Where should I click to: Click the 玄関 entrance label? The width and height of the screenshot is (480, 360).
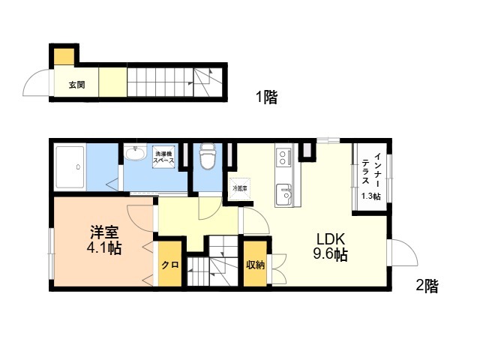click(76, 85)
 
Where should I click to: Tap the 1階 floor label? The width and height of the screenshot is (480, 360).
click(267, 97)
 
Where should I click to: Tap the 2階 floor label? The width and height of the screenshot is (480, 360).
click(427, 286)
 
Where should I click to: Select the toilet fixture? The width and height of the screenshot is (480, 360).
click(207, 156)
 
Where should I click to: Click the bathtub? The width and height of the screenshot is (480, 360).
click(70, 167)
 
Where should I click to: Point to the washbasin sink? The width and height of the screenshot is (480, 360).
click(134, 153)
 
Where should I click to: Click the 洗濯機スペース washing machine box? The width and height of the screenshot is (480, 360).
click(163, 157)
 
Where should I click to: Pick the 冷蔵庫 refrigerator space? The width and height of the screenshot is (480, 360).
click(240, 188)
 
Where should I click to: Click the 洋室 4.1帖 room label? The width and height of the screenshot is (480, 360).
click(104, 240)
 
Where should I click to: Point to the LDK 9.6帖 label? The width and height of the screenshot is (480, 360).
click(330, 247)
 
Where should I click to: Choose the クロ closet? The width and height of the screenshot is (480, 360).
click(170, 265)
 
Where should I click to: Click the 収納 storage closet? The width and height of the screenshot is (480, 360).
click(255, 264)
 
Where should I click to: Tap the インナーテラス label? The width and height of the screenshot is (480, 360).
click(371, 169)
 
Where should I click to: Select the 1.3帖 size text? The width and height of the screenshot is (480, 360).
click(371, 196)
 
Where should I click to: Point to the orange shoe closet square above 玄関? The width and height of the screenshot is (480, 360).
click(64, 57)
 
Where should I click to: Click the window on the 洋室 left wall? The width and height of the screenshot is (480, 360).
click(52, 253)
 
